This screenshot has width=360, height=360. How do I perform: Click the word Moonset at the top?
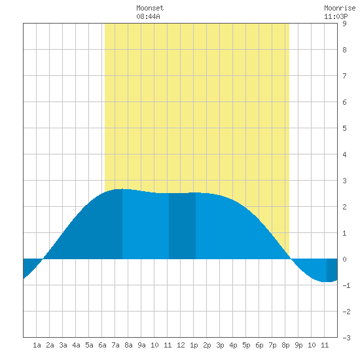pos(150,8)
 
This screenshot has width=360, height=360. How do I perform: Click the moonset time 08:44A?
pos(148,16)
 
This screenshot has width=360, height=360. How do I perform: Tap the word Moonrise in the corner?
pos(340,8)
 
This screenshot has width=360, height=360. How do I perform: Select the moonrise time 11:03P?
pos(336,16)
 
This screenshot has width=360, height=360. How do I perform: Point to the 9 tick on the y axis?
pos(344,24)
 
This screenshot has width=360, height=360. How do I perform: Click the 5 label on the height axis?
pos(344,128)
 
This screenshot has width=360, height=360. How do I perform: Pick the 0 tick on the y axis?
pos(344,259)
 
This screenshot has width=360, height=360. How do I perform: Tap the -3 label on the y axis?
pos(346,338)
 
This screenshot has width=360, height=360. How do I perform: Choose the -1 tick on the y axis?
pos(346,285)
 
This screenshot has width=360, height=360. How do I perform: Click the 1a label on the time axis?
pos(37,345)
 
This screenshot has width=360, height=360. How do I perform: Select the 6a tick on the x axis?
pos(102,345)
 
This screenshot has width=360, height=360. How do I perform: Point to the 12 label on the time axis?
pos(181,345)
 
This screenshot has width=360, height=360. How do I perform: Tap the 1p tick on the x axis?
pos(194,345)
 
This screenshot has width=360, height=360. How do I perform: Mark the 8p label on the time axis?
pos(285,345)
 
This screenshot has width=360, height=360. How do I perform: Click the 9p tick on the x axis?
pos(298,345)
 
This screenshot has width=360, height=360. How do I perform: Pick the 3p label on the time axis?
pos(220,345)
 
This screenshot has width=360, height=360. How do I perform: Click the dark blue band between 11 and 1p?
pos(183,226)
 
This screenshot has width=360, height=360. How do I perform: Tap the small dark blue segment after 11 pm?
pos(332,270)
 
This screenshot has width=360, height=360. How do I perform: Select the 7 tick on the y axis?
pos(344,76)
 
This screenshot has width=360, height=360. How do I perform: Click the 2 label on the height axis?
pos(344,207)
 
